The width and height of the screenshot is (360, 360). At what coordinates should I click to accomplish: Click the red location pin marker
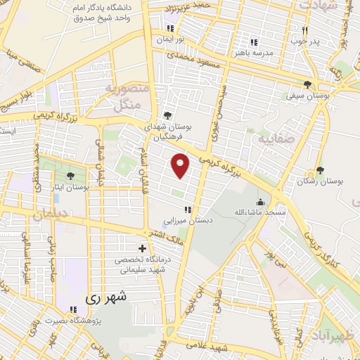pos(181,165)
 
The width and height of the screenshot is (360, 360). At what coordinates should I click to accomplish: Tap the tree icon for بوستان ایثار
pos(70,176)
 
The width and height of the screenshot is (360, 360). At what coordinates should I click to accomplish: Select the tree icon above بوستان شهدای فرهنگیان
pos(167,116)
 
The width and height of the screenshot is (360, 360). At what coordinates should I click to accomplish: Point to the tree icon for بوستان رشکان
pos(320,170)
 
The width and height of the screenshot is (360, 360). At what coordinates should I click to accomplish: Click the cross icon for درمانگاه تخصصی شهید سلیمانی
pos(143,249)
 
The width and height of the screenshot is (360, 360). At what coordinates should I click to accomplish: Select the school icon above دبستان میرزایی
pos(186,210)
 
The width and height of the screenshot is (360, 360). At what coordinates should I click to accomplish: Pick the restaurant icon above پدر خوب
pos(305,30)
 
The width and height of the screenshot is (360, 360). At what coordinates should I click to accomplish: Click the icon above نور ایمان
pos(169,29)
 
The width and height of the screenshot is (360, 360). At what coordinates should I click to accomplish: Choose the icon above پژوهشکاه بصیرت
pos(73,309)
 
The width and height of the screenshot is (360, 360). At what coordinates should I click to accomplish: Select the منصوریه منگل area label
pos(127,97)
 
